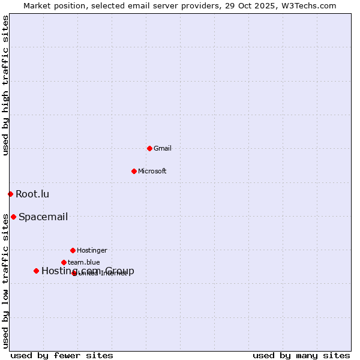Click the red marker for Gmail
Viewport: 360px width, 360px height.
149,148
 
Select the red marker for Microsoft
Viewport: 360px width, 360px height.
134,171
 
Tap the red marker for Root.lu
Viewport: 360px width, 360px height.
10,194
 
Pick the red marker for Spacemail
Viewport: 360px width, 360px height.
13,217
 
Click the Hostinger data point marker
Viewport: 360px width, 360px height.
73,250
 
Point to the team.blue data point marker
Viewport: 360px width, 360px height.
64,262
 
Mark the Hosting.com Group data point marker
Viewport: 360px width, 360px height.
36,271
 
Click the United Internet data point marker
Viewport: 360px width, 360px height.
74,273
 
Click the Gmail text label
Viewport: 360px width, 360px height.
163,148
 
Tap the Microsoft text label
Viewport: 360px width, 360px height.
152,171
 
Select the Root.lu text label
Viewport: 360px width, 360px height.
32,194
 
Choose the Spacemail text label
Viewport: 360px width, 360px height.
43,217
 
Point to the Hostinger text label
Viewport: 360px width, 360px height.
92,250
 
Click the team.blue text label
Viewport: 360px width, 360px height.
84,262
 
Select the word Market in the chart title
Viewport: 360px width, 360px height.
38,5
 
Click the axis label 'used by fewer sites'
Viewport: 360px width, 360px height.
62,355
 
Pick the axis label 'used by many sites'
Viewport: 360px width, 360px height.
301,355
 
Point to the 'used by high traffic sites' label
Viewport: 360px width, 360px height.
5,86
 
